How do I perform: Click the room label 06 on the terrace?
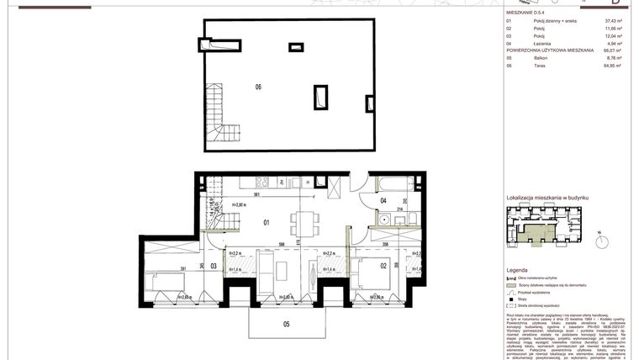click(258, 87)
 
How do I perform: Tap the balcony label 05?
click(286, 323)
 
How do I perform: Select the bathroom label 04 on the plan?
click(383, 200)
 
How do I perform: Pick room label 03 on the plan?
click(214, 266)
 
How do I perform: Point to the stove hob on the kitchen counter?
click(262, 183)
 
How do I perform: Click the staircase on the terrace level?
click(225, 120)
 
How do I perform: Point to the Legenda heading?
click(517, 271)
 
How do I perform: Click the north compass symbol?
click(602, 242)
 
